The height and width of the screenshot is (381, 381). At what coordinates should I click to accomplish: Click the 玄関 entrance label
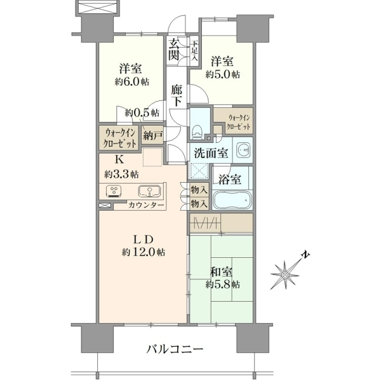pyautogui.click(x=175, y=50)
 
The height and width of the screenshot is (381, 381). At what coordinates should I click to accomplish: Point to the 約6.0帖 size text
pyautogui.click(x=132, y=82)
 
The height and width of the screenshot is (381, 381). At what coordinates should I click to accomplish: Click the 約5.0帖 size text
pyautogui.click(x=223, y=74)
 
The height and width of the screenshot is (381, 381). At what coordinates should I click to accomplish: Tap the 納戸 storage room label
pyautogui.click(x=153, y=136)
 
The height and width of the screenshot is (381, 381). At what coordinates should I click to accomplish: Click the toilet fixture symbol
pyautogui.click(x=197, y=132)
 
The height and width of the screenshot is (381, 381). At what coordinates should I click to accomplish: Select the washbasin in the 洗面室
pyautogui.click(x=243, y=150)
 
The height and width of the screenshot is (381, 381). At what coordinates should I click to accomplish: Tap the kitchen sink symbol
pyautogui.click(x=149, y=191)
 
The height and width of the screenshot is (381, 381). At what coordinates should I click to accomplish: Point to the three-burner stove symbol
pyautogui.click(x=114, y=190)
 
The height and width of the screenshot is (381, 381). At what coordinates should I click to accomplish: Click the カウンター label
pyautogui.click(x=146, y=205)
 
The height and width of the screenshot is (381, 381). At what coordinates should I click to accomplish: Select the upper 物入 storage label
pyautogui.click(x=199, y=190)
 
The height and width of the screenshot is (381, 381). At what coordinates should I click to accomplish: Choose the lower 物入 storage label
pyautogui.click(x=199, y=203)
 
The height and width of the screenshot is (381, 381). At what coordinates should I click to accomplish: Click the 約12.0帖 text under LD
pyautogui.click(x=144, y=252)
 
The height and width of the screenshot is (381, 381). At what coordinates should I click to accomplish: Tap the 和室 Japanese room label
pyautogui.click(x=222, y=272)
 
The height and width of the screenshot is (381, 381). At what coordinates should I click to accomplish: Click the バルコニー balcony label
pyautogui.click(x=175, y=350)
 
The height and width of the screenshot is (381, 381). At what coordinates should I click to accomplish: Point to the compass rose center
pyautogui.click(x=284, y=275)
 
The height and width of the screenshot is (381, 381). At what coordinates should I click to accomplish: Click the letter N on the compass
pyautogui.click(x=305, y=255)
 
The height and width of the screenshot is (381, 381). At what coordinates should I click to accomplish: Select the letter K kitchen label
pyautogui.click(x=119, y=159)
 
